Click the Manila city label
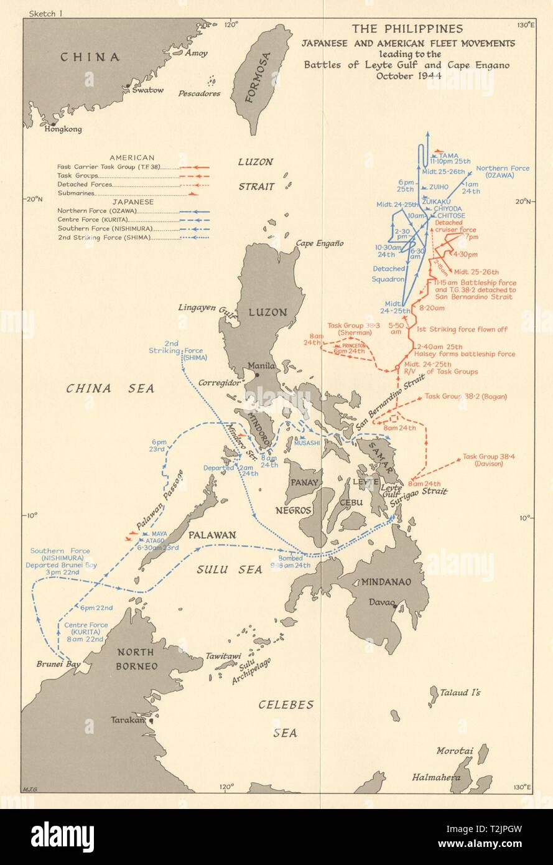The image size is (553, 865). [x=245, y=366]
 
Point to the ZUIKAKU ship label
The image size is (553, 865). [x=435, y=201]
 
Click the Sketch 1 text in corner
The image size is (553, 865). [x=39, y=12]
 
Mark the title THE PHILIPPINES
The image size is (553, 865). [x=407, y=29]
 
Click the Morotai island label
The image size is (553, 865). [x=454, y=751]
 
